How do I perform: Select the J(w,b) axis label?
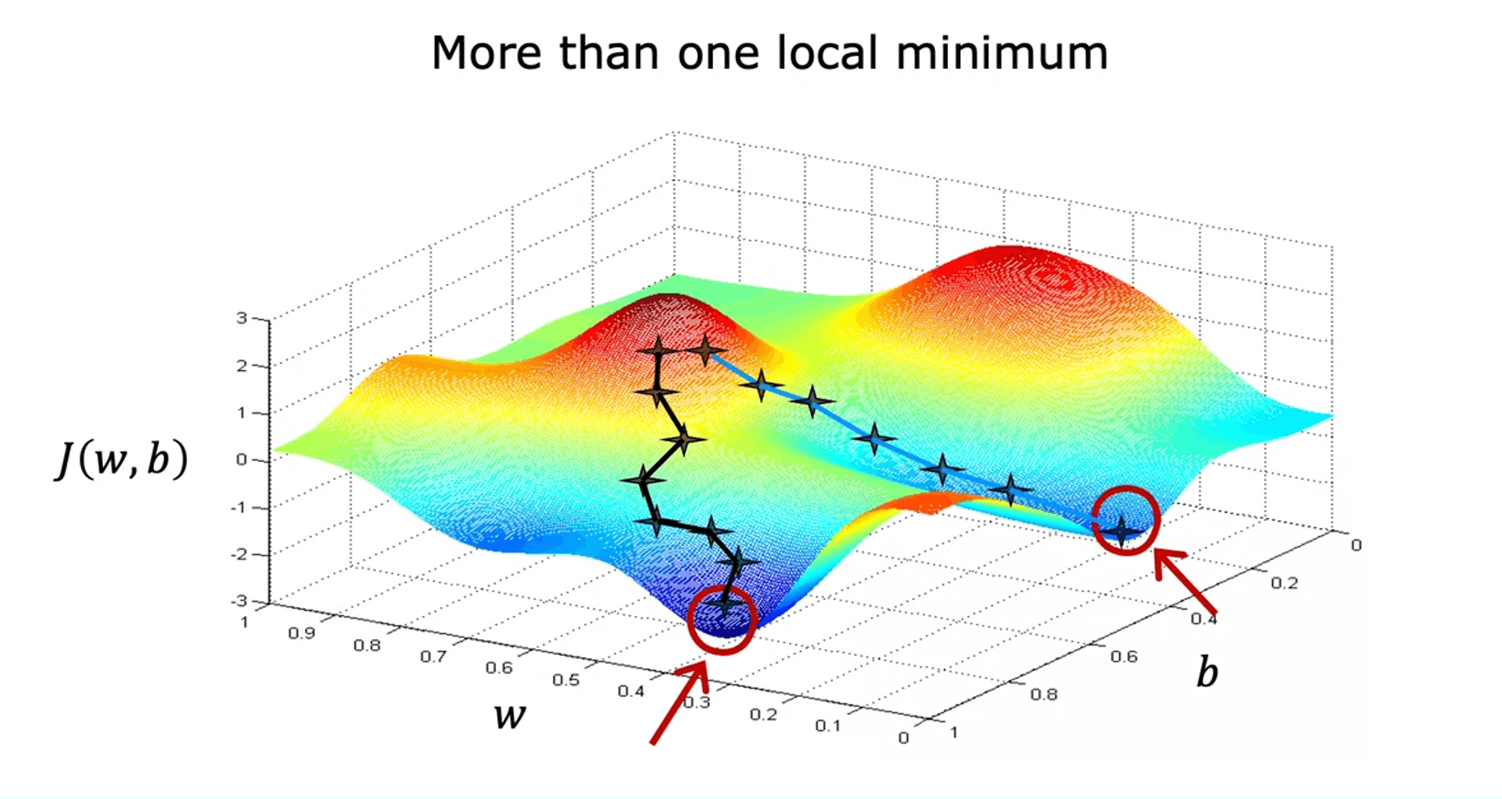point(122,460)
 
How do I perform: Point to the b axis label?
point(1207,673)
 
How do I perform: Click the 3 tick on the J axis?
point(242,318)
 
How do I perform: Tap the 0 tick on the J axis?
point(242,459)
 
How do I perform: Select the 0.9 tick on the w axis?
point(301,633)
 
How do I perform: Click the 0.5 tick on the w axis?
point(565,680)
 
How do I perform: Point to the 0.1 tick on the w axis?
point(828,726)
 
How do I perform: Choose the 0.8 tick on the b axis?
point(1043,694)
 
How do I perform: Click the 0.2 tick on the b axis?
point(1284,583)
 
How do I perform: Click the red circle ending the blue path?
point(1126,520)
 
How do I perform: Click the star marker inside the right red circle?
point(1122,529)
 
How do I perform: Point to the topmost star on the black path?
point(658,349)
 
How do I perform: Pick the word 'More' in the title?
point(486,53)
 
